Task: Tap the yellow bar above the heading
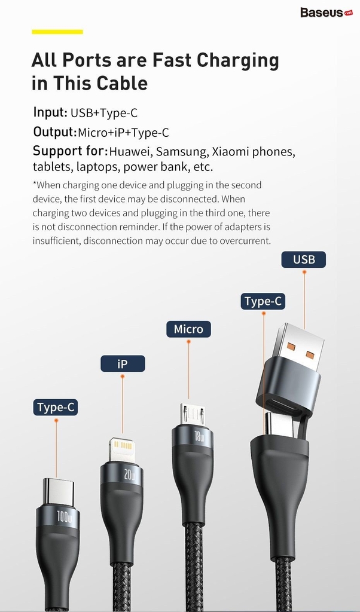point(57,31)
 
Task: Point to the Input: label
point(50,112)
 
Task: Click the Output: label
point(54,132)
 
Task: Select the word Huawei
point(131,152)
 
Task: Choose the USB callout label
point(304,259)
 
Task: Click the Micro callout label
point(188,329)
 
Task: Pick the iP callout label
point(123,363)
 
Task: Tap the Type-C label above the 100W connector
point(56,408)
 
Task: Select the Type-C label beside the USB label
point(263,301)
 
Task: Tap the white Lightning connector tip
point(121,449)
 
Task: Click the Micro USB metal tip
point(193,414)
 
